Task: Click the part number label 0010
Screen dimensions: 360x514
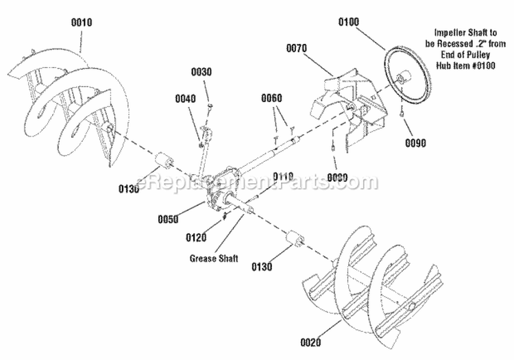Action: click(81, 23)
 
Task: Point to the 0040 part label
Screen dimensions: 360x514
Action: click(185, 98)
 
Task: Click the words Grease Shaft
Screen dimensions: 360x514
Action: click(215, 259)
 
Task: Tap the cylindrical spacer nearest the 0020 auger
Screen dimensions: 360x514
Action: click(297, 239)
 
